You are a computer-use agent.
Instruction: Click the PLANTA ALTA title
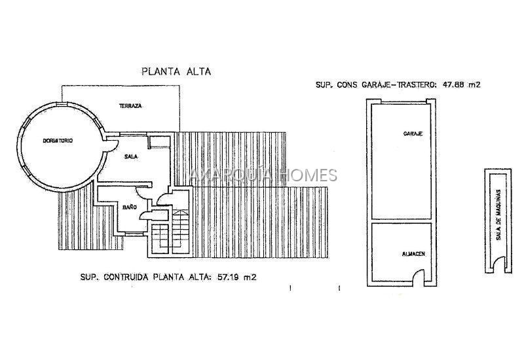176,71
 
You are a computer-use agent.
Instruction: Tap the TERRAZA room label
130,106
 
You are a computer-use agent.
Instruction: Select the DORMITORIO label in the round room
58,141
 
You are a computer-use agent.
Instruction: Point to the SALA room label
131,156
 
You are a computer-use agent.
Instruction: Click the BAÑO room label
130,207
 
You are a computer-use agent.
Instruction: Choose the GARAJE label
413,134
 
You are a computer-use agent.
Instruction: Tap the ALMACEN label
413,254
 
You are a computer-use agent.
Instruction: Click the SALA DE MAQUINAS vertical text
498,215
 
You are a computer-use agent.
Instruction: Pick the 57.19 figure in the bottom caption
228,277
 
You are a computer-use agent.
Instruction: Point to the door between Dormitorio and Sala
111,145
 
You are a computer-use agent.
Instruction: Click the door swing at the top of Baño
141,194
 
